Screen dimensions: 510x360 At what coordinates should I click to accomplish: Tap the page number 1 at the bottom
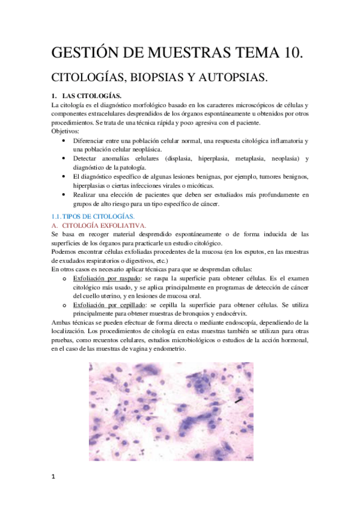[53, 478]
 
